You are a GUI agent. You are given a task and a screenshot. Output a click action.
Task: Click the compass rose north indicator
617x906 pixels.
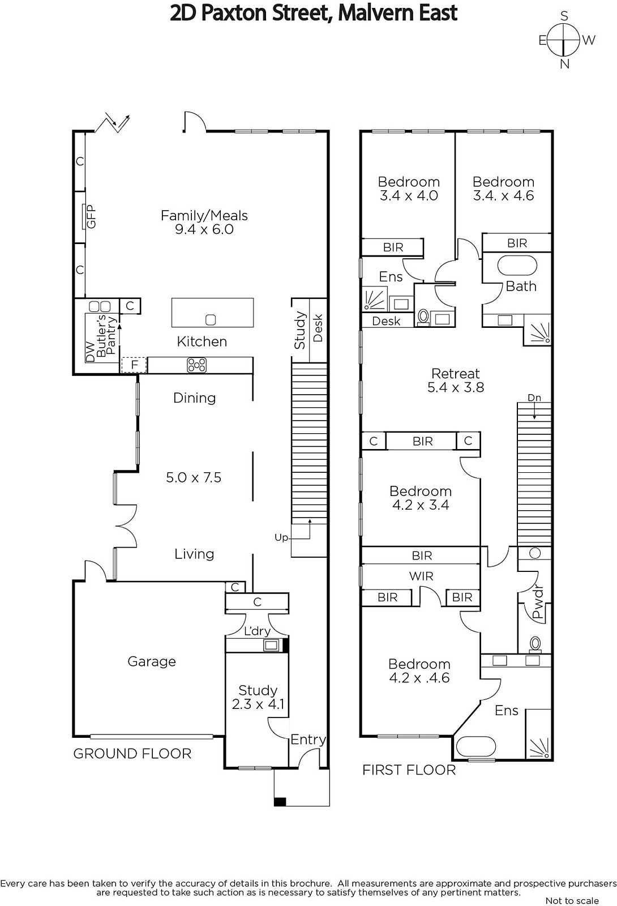pyautogui.click(x=564, y=64)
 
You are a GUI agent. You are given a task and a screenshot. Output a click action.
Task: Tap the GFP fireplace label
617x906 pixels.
pyautogui.click(x=91, y=217)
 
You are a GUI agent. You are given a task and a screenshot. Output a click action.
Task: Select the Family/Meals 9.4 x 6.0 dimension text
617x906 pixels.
pyautogui.click(x=204, y=229)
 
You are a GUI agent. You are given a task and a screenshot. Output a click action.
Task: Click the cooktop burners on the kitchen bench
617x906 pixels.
pyautogui.click(x=196, y=365)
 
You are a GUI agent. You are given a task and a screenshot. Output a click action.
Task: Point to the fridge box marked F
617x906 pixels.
pyautogui.click(x=134, y=365)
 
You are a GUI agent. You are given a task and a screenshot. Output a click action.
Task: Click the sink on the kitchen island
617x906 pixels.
pyautogui.click(x=211, y=320)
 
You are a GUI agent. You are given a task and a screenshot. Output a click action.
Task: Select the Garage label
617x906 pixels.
pyautogui.click(x=152, y=661)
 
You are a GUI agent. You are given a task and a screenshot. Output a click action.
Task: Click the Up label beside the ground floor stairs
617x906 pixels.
pyautogui.click(x=281, y=537)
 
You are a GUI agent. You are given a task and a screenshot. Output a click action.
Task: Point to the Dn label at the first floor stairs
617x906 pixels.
pyautogui.click(x=534, y=398)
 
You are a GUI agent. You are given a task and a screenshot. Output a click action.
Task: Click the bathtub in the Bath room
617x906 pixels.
pyautogui.click(x=517, y=266)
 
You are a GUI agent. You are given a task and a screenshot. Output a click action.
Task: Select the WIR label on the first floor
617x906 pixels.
pyautogui.click(x=421, y=576)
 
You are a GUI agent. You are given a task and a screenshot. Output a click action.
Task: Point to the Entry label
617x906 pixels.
pyautogui.click(x=308, y=740)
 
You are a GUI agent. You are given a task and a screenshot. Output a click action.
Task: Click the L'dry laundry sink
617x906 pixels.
pyautogui.click(x=271, y=645)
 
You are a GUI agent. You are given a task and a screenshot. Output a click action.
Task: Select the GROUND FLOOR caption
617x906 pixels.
pyautogui.click(x=132, y=754)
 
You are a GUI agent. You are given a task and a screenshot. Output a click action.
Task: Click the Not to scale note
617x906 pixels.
pyautogui.click(x=572, y=900)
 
